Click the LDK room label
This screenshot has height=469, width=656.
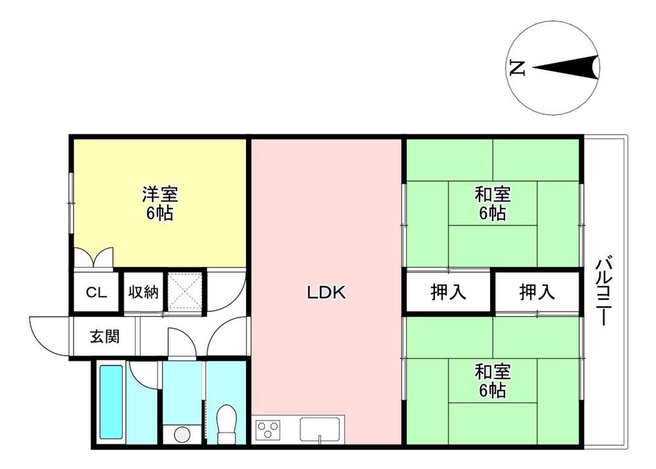pos(326,293)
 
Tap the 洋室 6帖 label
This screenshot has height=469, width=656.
pos(160,204)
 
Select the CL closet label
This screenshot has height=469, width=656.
pos(96,293)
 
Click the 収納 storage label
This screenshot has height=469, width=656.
pos(143,292)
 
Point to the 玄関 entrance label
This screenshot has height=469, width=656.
pos(105,336)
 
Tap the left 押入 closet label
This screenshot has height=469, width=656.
pos(448,292)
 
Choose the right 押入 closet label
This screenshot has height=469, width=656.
pos(537,292)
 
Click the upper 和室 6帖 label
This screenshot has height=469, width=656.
pos(493,204)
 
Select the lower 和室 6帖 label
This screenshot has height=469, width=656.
pos(493,380)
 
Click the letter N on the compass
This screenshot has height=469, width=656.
pos(518,68)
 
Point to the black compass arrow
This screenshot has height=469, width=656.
pos(565,68)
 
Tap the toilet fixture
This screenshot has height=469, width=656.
pos(227,423)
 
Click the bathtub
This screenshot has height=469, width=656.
pos(112,403)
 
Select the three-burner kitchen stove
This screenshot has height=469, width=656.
pos(268,430)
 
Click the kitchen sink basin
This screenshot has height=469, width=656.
pos(319,429)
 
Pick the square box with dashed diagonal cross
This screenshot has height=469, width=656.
pos(184,291)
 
